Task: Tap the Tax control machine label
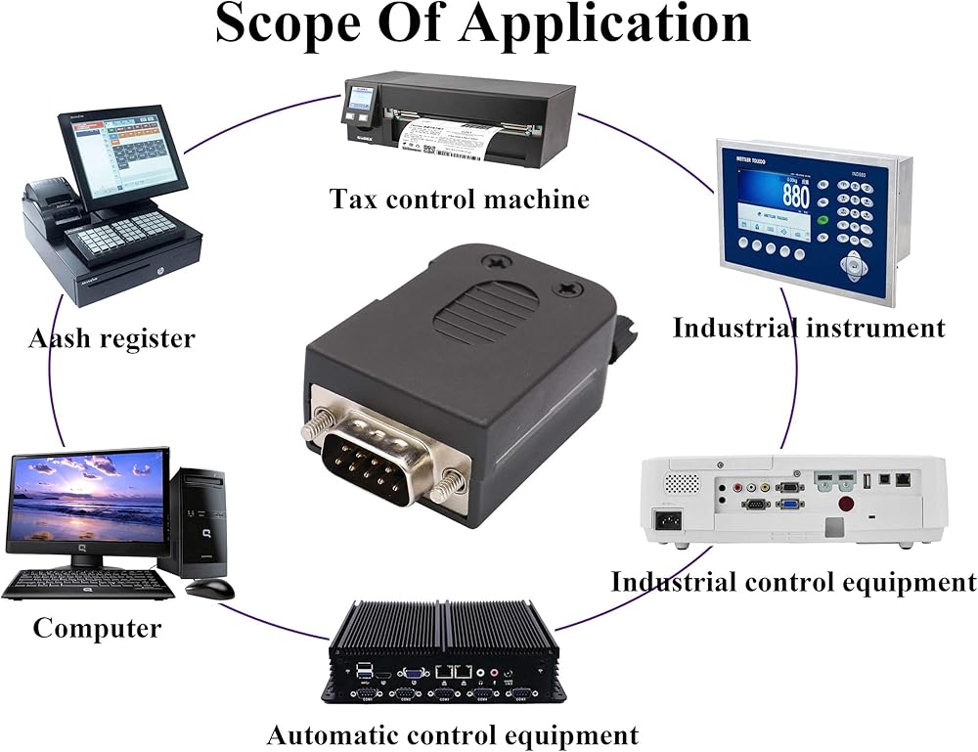point(460,199)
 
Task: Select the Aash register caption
point(111,339)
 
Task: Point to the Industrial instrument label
point(809,327)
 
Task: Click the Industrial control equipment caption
point(793,582)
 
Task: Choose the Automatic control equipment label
point(452,734)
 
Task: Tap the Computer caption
point(97,628)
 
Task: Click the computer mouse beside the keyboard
point(211,588)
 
